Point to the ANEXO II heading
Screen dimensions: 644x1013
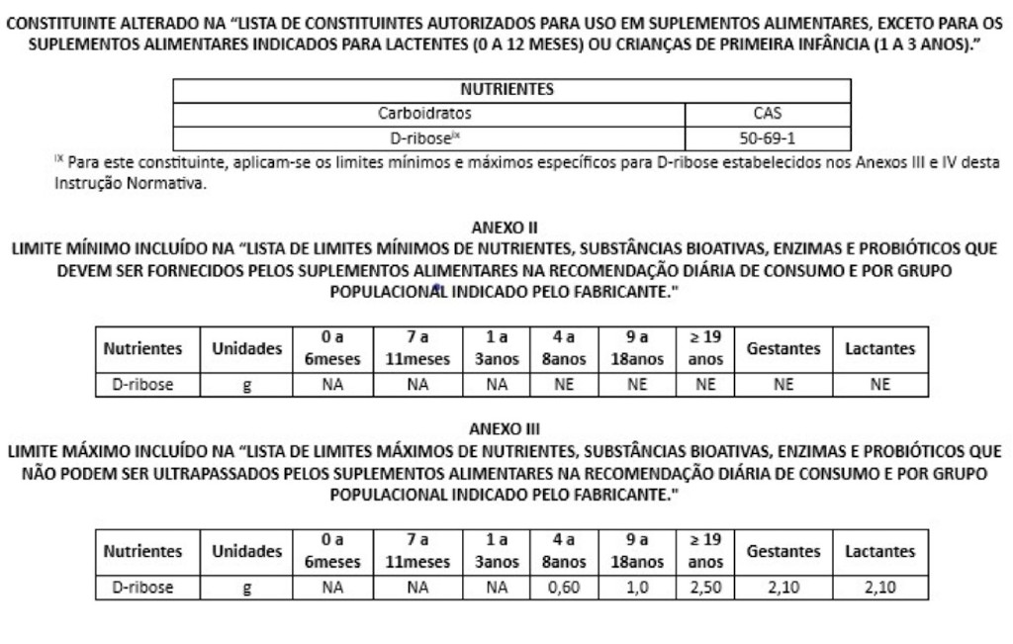click(506, 227)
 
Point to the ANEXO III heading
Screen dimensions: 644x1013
click(506, 429)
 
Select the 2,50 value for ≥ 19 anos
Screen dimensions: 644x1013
click(704, 589)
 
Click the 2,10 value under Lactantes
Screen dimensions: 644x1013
click(879, 589)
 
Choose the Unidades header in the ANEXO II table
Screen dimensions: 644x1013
click(246, 349)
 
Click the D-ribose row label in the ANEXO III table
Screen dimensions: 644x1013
click(142, 589)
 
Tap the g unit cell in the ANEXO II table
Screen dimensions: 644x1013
click(246, 386)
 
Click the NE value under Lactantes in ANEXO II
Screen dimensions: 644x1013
click(879, 386)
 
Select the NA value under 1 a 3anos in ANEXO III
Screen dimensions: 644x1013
click(497, 589)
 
